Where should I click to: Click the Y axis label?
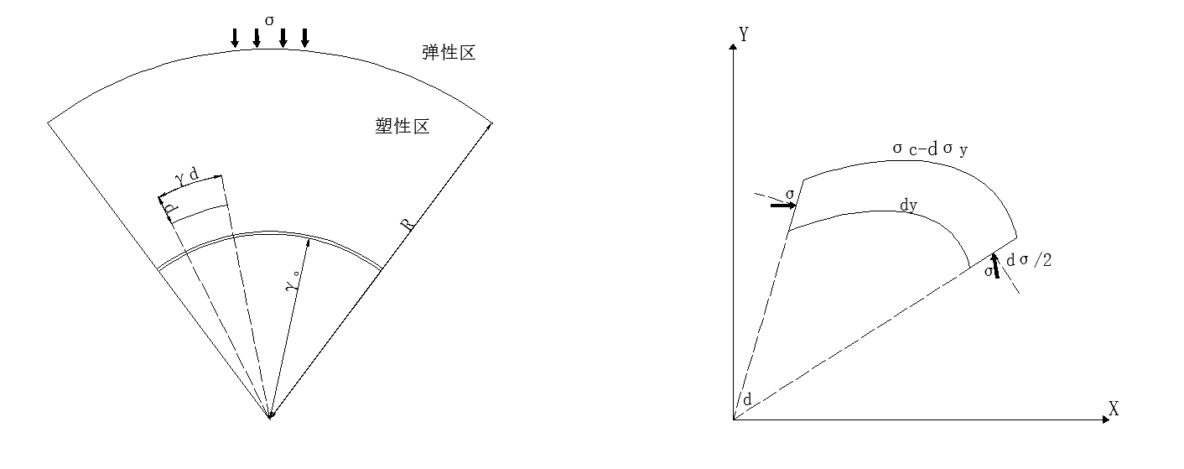743,34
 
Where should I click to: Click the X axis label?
1114,409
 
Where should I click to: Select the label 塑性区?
402,127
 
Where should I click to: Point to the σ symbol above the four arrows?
269,18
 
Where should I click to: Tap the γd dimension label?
187,177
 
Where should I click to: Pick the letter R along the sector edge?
407,225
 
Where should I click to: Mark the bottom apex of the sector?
269,418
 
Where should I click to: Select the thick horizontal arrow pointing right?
783,205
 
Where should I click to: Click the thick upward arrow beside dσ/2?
995,266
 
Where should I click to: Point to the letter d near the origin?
746,399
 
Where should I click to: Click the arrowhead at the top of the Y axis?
734,46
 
